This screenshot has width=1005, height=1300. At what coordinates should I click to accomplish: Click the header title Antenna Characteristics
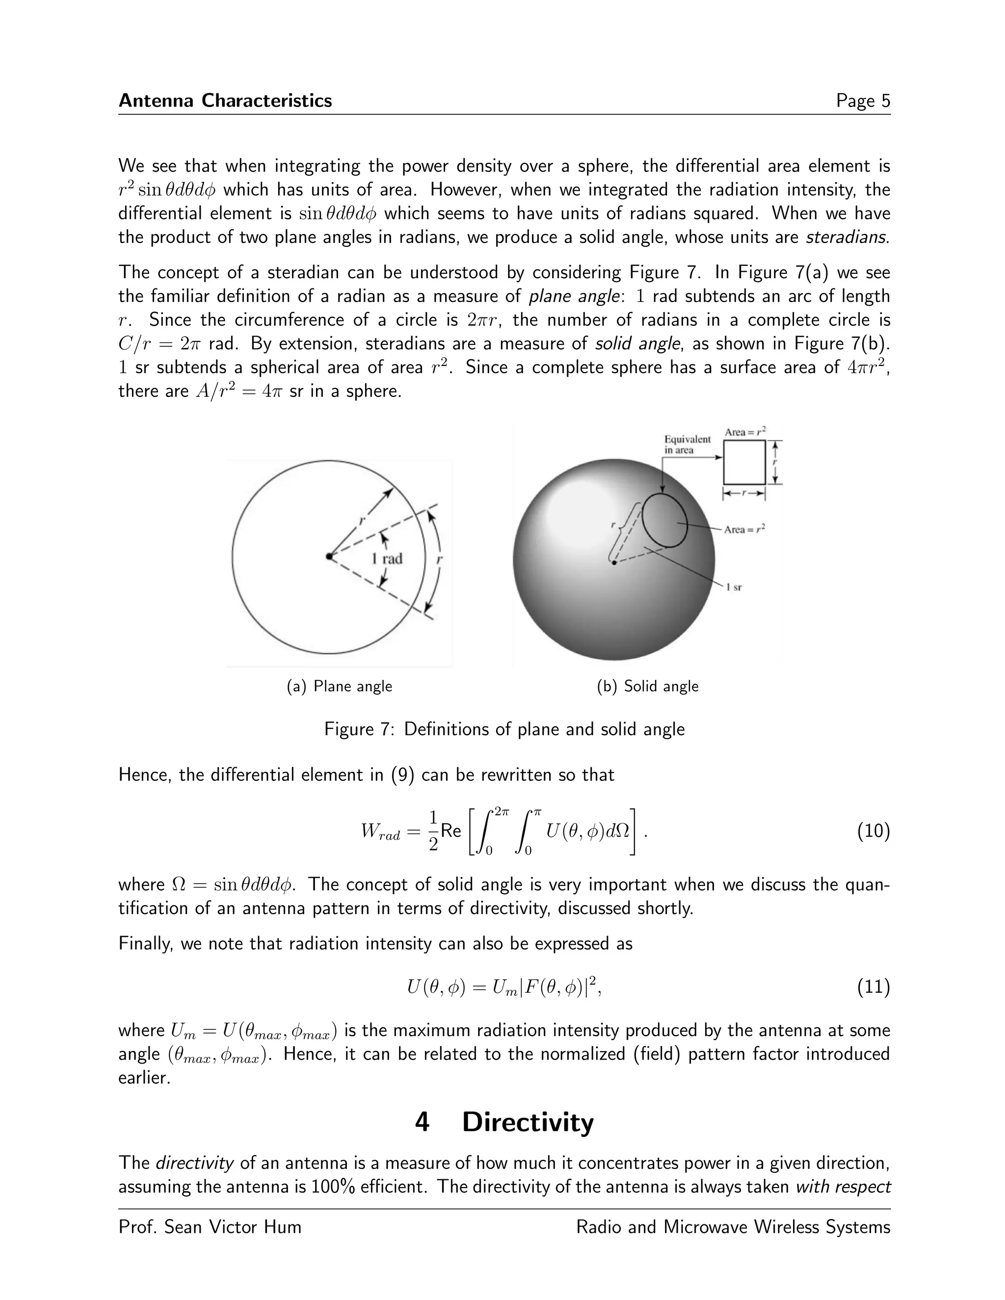pyautogui.click(x=225, y=101)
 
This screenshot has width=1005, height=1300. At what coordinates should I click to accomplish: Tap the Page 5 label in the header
pyautogui.click(x=863, y=101)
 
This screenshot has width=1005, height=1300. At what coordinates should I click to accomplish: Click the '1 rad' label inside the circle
pyautogui.click(x=386, y=558)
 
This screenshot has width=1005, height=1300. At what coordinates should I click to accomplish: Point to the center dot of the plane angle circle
pyautogui.click(x=329, y=556)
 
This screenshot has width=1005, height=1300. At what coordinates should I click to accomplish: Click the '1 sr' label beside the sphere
pyautogui.click(x=734, y=588)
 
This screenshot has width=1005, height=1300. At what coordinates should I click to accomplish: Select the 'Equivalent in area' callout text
pyautogui.click(x=687, y=444)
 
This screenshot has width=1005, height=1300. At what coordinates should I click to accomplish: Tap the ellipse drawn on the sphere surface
pyautogui.click(x=664, y=520)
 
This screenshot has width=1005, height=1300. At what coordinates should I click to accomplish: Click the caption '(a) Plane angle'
pyautogui.click(x=340, y=686)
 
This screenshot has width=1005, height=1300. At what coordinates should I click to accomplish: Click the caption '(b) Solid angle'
pyautogui.click(x=647, y=686)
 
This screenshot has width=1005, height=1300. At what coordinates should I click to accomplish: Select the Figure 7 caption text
pyautogui.click(x=504, y=729)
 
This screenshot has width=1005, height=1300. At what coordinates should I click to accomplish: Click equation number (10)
pyautogui.click(x=873, y=831)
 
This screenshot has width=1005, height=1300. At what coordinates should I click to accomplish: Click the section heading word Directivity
pyautogui.click(x=528, y=1122)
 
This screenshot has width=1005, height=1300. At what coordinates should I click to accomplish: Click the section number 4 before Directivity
pyautogui.click(x=422, y=1122)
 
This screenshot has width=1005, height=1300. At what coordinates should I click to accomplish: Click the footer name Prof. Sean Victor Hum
pyautogui.click(x=210, y=1227)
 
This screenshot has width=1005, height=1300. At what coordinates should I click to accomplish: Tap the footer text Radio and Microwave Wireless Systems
pyautogui.click(x=733, y=1227)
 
